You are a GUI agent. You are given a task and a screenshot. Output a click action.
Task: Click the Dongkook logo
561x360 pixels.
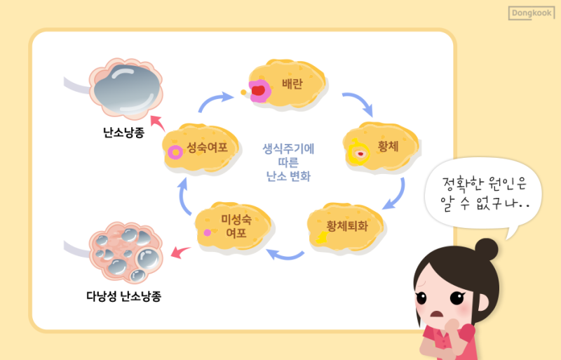532,13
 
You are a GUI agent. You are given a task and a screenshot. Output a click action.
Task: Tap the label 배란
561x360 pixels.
292,84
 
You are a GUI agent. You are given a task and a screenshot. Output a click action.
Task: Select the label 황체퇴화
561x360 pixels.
346,226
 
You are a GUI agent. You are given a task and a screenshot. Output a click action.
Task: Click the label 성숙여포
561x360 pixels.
207,147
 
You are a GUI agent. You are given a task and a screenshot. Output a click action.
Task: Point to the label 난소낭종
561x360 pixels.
123,133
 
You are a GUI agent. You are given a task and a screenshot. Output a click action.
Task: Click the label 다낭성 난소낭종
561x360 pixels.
124,296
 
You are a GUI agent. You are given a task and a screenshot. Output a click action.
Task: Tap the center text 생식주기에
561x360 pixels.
288,148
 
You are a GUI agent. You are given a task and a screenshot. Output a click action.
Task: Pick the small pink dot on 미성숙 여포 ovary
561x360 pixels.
207,233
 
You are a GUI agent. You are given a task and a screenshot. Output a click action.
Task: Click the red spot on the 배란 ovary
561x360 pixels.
258,91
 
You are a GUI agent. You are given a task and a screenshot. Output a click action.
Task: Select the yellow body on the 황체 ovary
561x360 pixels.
358,152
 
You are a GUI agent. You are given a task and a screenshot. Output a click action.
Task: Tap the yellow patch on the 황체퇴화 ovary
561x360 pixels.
323,237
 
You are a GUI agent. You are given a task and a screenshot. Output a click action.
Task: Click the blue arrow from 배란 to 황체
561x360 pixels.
360,102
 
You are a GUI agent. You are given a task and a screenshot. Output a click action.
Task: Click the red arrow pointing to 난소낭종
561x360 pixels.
157,123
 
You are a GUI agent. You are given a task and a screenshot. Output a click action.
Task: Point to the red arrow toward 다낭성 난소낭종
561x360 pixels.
180,252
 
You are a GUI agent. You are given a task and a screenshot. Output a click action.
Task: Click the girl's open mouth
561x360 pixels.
437,314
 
